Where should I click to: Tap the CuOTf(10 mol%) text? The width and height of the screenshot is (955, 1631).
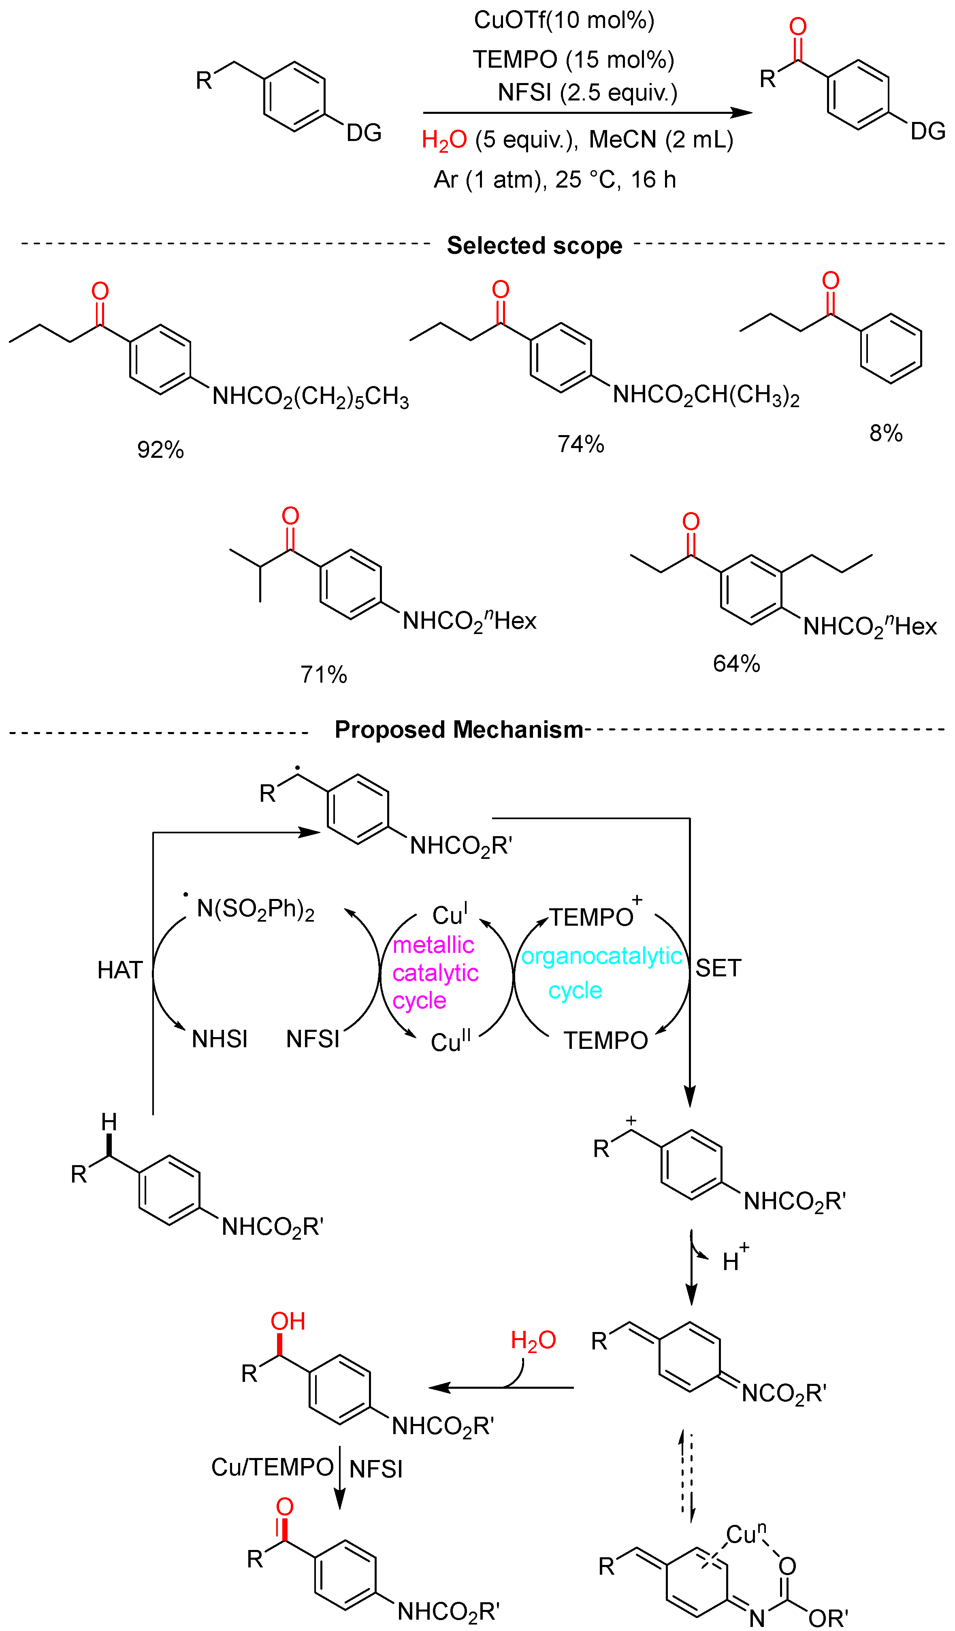563,20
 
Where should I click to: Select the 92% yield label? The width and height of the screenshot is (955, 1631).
160,450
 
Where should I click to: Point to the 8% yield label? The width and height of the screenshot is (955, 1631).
885,433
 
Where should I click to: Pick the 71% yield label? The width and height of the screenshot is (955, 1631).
324,675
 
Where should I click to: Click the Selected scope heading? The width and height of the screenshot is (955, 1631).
535,245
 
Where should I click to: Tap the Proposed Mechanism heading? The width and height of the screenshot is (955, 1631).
459,730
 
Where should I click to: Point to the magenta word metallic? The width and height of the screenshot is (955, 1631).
433,945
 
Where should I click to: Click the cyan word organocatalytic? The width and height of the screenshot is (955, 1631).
601,956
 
